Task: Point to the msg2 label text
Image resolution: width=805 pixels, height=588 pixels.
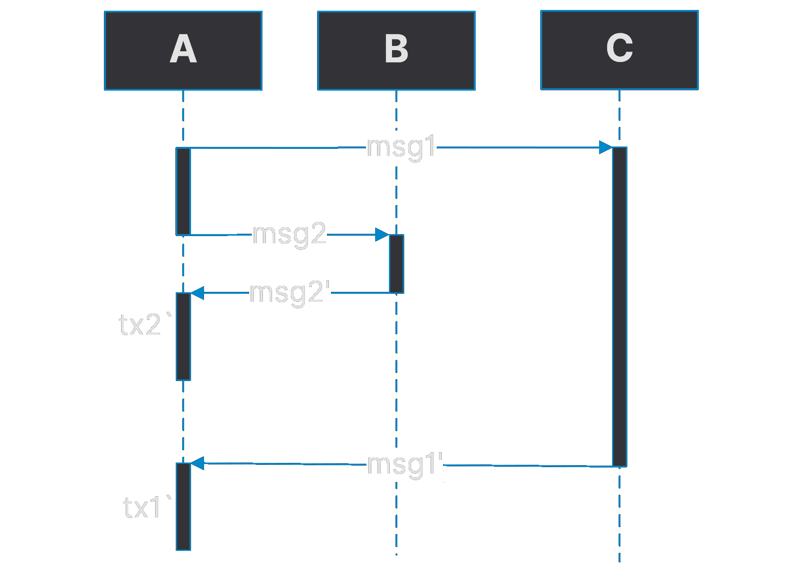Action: tap(289, 234)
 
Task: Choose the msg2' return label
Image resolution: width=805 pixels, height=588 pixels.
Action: tap(290, 292)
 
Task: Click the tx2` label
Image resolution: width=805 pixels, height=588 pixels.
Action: tap(145, 325)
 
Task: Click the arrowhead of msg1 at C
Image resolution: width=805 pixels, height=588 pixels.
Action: tap(606, 147)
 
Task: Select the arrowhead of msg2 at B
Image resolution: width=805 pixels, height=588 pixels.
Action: tap(382, 235)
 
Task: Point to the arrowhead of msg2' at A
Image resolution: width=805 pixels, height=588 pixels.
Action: tap(197, 293)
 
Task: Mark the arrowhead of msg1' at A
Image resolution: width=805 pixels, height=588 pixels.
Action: tap(197, 463)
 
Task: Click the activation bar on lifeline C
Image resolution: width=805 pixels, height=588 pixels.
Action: tap(619, 306)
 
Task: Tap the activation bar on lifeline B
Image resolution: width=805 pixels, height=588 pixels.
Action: tap(396, 264)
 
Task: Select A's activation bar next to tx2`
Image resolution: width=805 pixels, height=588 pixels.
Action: tap(183, 337)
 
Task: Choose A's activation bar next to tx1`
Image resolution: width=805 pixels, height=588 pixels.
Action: tap(183, 507)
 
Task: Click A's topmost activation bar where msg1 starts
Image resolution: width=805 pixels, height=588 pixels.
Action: tap(183, 191)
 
